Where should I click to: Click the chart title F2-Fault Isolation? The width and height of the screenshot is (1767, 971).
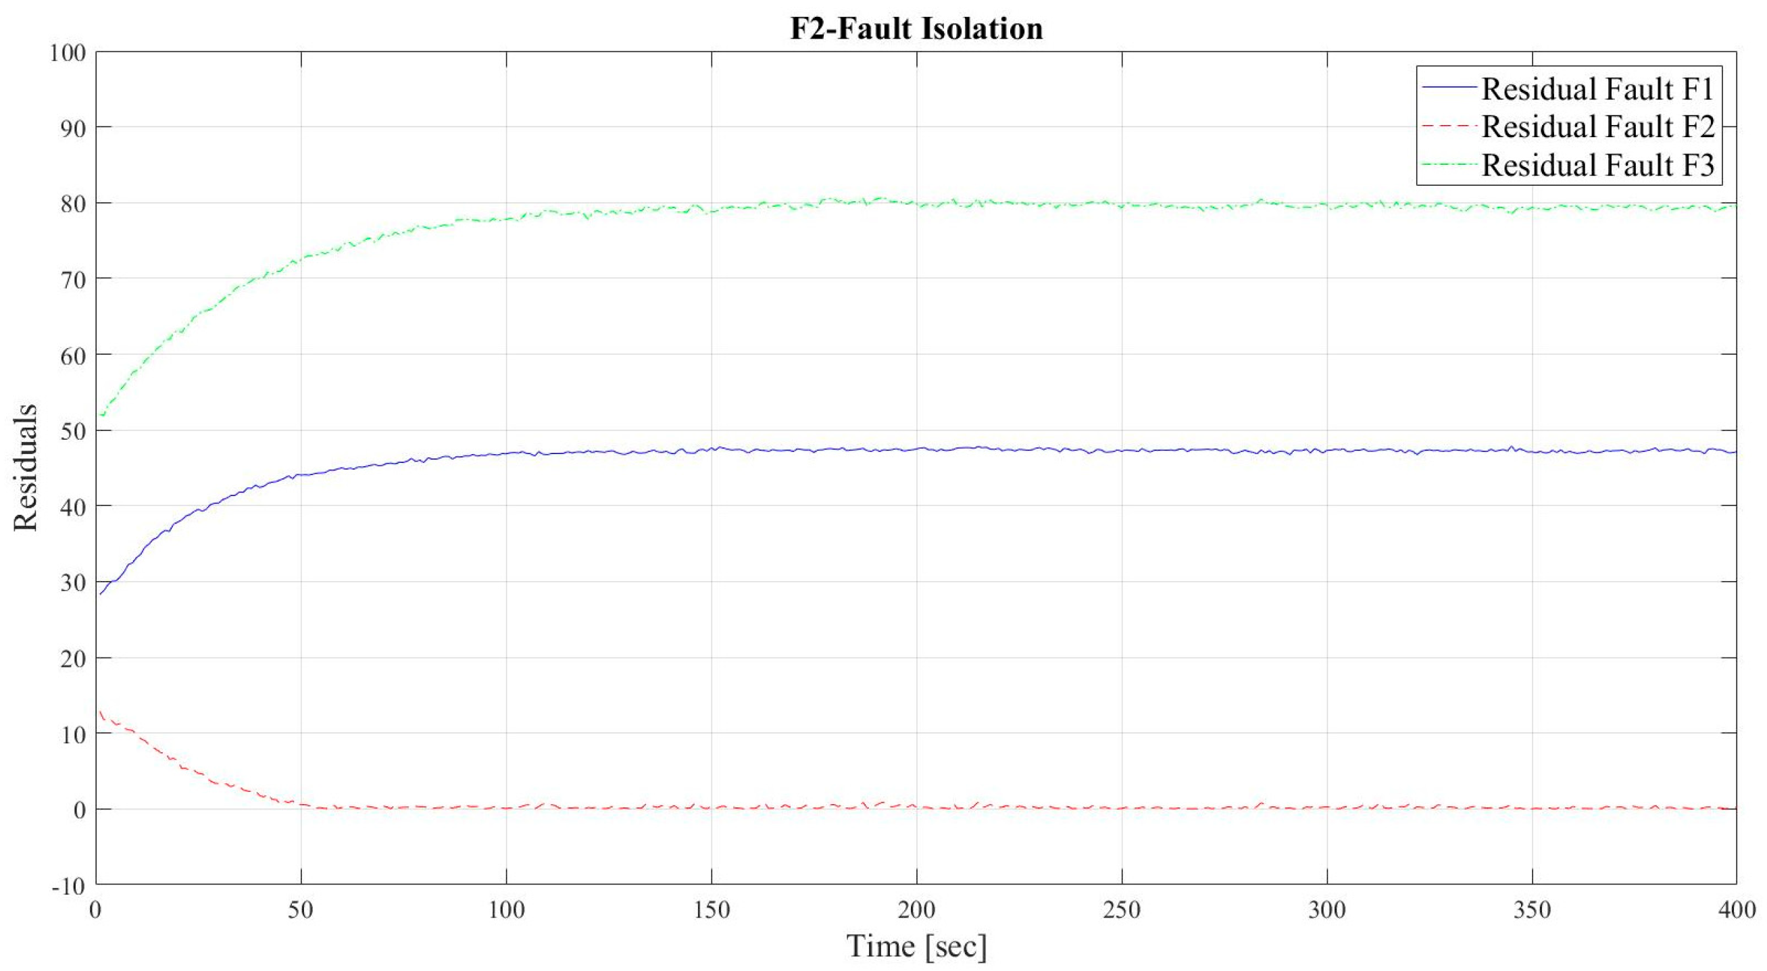tap(916, 29)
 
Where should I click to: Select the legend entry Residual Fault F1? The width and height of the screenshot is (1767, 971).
tap(1597, 89)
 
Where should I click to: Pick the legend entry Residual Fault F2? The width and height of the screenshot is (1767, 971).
tap(1597, 127)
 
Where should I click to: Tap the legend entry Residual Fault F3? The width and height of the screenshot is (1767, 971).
tap(1597, 166)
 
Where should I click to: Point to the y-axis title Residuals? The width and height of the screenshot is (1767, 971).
tap(26, 467)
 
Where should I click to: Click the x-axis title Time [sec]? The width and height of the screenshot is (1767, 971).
tap(916, 945)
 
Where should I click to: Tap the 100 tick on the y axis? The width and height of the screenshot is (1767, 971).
tap(67, 53)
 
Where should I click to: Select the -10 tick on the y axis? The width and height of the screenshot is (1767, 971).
tap(70, 886)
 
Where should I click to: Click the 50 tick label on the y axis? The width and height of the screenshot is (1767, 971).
tap(73, 430)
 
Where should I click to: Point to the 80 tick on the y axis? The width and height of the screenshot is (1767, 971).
tap(73, 203)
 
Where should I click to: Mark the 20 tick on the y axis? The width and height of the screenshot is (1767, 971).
tap(73, 658)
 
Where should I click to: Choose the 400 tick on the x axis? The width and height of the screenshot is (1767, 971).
tap(1735, 910)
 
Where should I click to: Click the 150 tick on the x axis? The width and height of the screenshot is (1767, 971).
tap(712, 910)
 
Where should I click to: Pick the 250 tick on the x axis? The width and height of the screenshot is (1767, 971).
tap(1122, 910)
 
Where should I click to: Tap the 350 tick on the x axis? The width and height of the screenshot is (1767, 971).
tap(1532, 910)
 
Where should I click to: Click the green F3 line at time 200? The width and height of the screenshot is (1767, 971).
tap(916, 203)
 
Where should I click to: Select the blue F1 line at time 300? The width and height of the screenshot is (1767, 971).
tap(1326, 450)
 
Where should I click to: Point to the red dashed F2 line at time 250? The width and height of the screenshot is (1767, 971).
tap(1122, 807)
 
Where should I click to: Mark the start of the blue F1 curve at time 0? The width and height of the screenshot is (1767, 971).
tap(99, 594)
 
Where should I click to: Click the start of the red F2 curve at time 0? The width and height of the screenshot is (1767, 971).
tap(99, 711)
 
